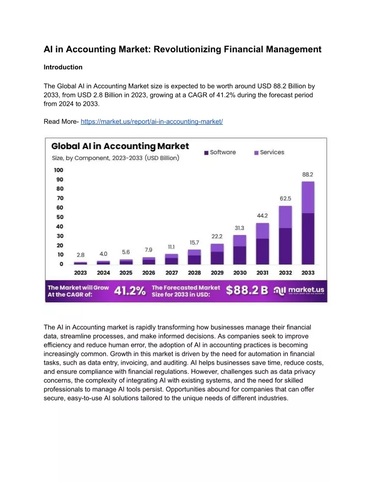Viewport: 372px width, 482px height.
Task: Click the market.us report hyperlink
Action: (151, 122)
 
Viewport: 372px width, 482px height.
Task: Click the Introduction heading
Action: (63, 67)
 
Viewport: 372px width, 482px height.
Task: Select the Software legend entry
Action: (220, 152)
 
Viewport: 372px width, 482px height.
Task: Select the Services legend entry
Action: (269, 152)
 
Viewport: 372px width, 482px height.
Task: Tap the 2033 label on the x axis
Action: (308, 273)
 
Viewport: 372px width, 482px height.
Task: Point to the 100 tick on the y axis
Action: (58, 170)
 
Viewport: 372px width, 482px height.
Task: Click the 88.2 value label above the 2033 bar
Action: (307, 174)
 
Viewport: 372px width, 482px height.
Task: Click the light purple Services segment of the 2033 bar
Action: (308, 197)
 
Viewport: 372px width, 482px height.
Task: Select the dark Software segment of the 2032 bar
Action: (285, 246)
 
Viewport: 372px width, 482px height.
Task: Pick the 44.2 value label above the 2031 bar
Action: (262, 216)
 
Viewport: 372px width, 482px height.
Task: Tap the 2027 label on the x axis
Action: (172, 273)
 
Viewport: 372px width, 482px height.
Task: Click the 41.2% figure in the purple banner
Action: (130, 290)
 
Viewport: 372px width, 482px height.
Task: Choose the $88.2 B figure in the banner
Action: (247, 290)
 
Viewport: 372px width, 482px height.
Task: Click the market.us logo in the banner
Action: (299, 290)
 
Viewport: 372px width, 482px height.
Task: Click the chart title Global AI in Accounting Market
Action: (120, 146)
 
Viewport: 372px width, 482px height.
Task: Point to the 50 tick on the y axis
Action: (60, 217)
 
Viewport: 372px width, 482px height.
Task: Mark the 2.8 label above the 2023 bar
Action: (81, 255)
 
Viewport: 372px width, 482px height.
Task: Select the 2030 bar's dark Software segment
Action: (240, 255)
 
